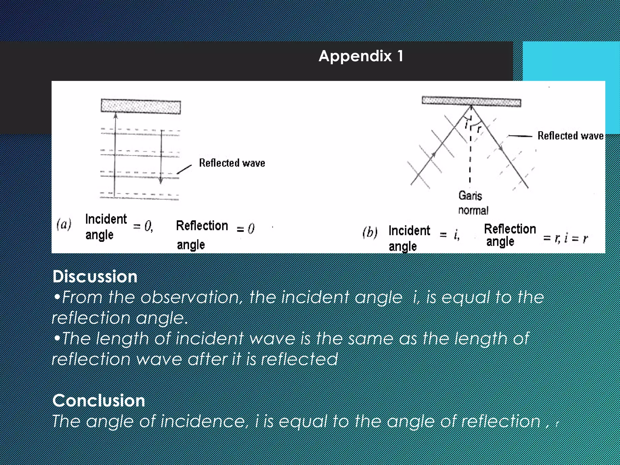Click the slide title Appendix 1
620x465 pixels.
[x=361, y=56]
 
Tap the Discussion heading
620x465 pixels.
[x=95, y=277]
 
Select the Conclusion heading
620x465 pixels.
[x=99, y=401]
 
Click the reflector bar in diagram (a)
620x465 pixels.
[x=141, y=107]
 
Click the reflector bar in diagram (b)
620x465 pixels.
[x=471, y=101]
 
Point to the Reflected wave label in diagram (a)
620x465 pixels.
[x=232, y=163]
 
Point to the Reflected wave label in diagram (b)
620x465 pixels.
[x=570, y=136]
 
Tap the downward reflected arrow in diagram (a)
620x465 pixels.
[x=161, y=157]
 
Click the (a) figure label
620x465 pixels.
[x=64, y=225]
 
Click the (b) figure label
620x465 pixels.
[x=370, y=232]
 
